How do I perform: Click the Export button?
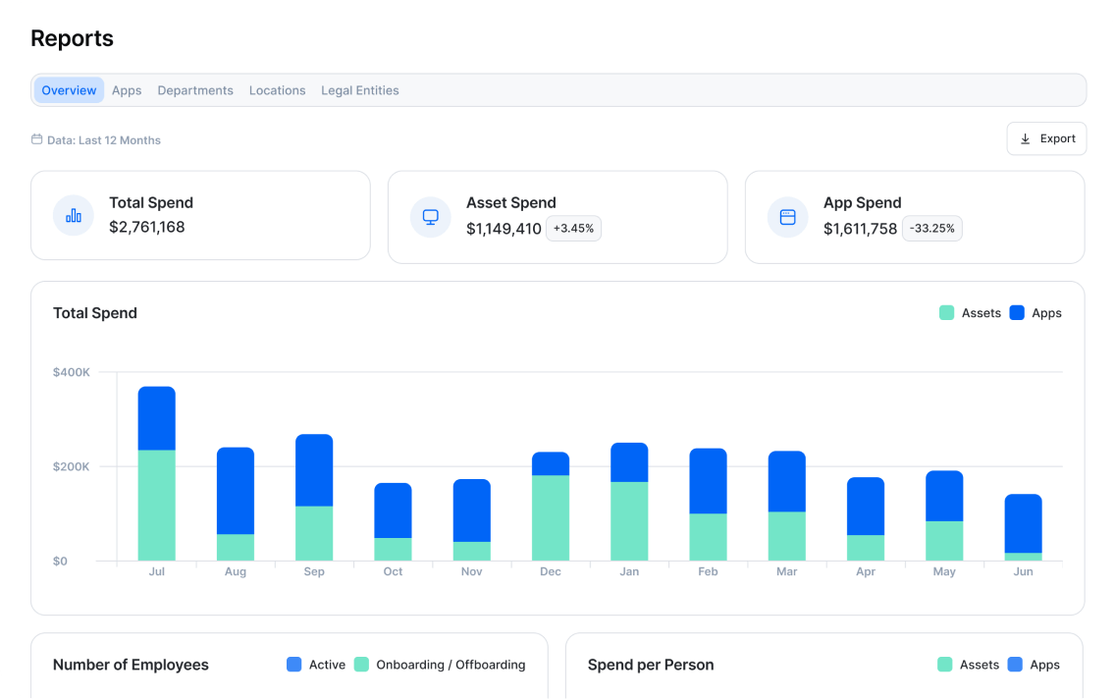tap(1046, 138)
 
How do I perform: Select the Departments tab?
tap(195, 90)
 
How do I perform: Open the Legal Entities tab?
tap(359, 90)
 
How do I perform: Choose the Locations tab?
tap(277, 90)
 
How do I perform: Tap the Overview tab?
tap(69, 90)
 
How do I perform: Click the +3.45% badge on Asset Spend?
tap(574, 229)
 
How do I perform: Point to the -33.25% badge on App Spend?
tap(931, 229)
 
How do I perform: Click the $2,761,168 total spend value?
tap(147, 227)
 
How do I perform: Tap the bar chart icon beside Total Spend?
tap(74, 216)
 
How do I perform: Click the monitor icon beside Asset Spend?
tap(430, 217)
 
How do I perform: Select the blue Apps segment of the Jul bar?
tap(157, 418)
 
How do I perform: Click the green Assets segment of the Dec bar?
tap(551, 517)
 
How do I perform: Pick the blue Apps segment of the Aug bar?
tap(236, 491)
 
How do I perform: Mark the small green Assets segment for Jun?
tap(1023, 557)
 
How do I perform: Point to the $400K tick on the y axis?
tap(72, 372)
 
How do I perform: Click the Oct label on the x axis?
tap(393, 571)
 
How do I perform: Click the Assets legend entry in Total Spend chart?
tap(970, 313)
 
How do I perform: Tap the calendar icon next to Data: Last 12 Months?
tap(37, 139)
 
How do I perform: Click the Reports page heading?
tap(72, 38)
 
